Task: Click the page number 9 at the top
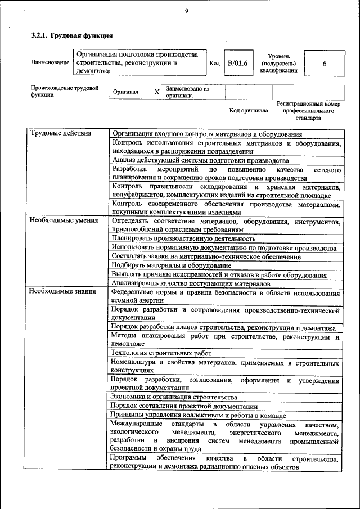[186, 12]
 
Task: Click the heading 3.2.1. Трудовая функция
[71, 35]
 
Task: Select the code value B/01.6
[237, 64]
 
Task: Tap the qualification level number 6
[325, 64]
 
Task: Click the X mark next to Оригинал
[157, 92]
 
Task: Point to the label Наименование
[50, 64]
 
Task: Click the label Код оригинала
[249, 110]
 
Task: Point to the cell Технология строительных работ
[161, 353]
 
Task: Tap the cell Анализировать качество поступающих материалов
[188, 283]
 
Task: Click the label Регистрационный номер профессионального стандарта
[309, 111]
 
